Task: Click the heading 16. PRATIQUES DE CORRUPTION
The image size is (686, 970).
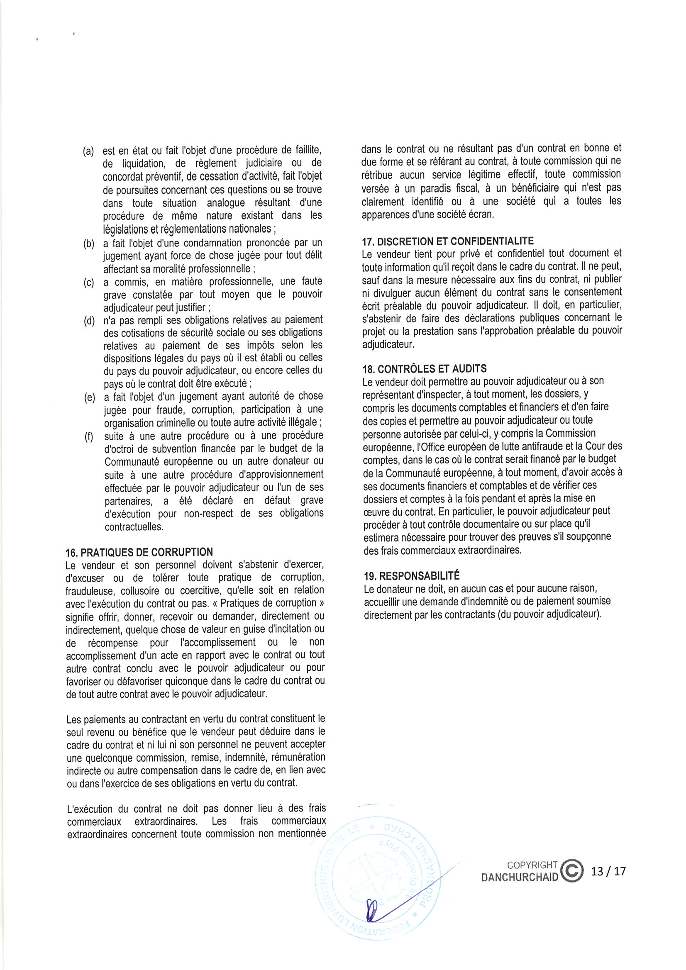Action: [139, 552]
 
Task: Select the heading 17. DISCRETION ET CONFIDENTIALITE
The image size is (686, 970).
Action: [448, 241]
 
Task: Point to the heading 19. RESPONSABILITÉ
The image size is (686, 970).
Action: [412, 576]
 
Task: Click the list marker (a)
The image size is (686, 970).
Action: [88, 151]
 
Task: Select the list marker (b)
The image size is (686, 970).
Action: [89, 244]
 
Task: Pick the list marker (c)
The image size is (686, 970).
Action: [89, 282]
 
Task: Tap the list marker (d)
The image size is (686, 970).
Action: [89, 321]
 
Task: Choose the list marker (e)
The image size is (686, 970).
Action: [89, 397]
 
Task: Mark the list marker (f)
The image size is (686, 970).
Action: [89, 436]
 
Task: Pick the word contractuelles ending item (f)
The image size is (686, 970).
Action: [134, 527]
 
